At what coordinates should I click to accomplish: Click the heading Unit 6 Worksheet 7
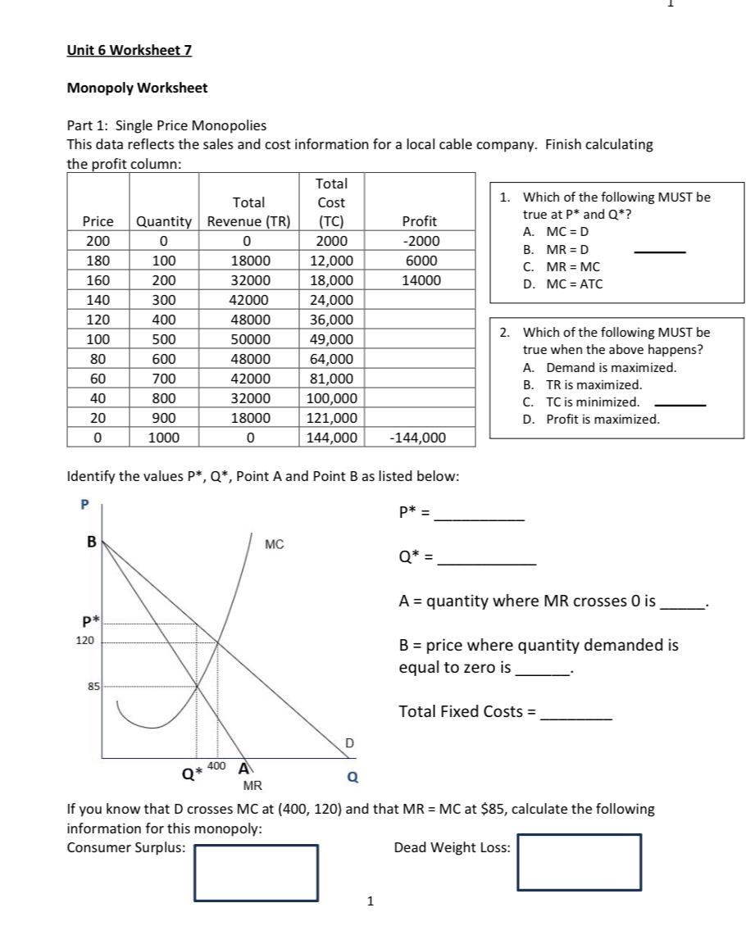(129, 50)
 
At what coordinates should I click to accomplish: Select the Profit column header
(420, 221)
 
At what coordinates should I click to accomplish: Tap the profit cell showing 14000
(420, 280)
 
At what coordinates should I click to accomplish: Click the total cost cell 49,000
(331, 339)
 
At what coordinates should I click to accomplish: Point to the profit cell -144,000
(419, 438)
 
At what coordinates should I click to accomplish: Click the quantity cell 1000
(163, 438)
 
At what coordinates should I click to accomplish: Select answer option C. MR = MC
(562, 267)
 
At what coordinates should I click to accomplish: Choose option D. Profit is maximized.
(591, 420)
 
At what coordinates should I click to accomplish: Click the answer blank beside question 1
(660, 251)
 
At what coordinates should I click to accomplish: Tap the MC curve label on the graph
(275, 544)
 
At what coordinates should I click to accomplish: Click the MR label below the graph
(252, 787)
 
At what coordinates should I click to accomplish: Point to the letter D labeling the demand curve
(349, 743)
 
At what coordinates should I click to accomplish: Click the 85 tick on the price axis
(93, 686)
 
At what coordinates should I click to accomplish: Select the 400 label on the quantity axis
(216, 765)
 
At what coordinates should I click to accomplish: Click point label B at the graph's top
(92, 542)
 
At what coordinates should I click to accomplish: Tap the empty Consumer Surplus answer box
(257, 874)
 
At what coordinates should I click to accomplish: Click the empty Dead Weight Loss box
(579, 862)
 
